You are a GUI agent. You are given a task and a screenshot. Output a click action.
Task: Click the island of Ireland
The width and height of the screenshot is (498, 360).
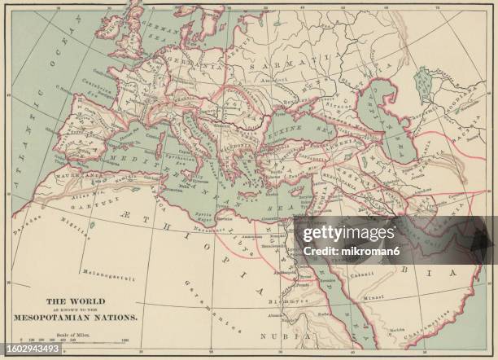107,30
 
